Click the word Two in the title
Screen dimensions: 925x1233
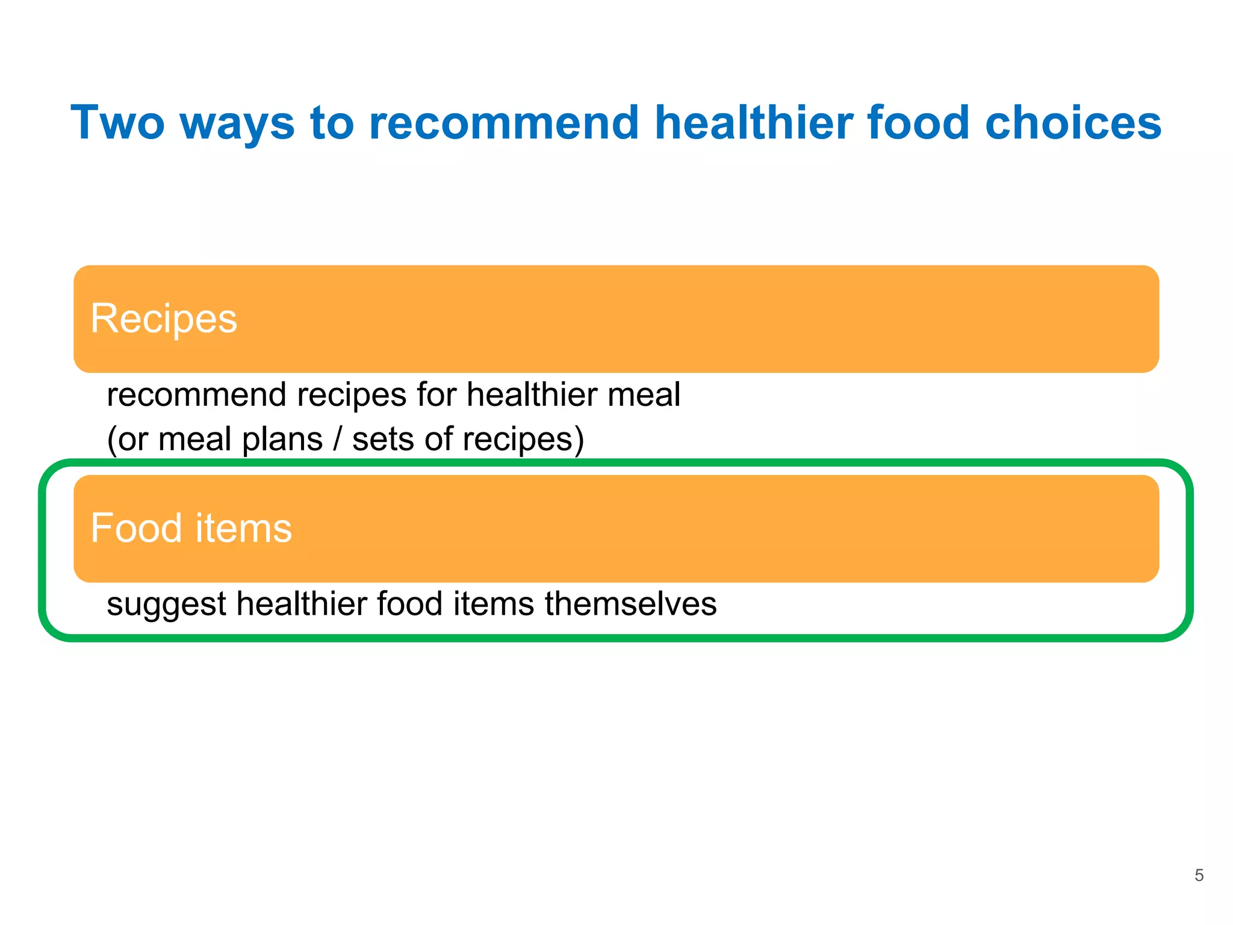click(117, 123)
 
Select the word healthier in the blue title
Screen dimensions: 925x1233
click(753, 123)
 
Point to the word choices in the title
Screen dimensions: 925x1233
click(1073, 123)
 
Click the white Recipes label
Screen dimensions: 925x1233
click(164, 319)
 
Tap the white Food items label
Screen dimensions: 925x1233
click(191, 528)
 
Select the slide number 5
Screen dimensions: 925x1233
click(1199, 876)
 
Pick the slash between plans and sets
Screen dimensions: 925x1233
click(337, 439)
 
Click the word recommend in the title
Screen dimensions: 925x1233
click(503, 123)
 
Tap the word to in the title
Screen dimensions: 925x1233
click(332, 123)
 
